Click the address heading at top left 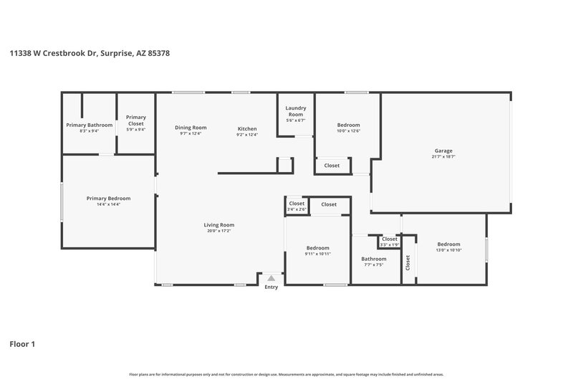(89, 52)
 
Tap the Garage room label (443, 151)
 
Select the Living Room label (218, 224)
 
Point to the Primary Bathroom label (90, 125)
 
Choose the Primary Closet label (136, 120)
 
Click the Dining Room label (191, 128)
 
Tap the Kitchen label (247, 128)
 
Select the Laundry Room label (296, 111)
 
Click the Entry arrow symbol (271, 277)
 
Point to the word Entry (271, 287)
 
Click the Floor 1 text (22, 344)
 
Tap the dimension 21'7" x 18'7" (443, 157)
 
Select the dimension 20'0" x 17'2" (218, 231)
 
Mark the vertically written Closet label (408, 263)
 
